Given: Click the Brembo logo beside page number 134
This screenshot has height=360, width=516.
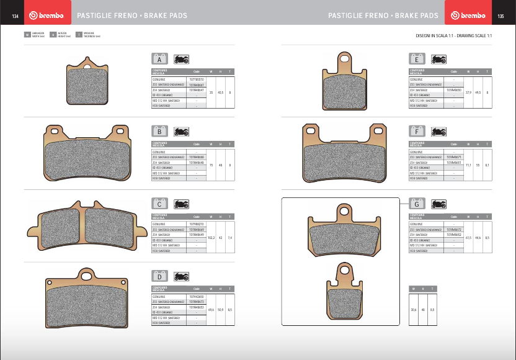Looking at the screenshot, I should (x=47, y=16).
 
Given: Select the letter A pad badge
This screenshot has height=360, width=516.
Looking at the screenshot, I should (x=160, y=60).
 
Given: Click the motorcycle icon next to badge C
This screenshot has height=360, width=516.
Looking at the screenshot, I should (x=182, y=204).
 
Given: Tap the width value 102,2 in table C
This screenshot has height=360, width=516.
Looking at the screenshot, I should (x=211, y=238).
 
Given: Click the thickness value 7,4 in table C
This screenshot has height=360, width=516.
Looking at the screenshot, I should (x=230, y=238).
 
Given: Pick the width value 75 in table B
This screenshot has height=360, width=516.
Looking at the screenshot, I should (x=211, y=165).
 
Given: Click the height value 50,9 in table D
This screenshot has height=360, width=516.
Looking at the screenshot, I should (x=221, y=310).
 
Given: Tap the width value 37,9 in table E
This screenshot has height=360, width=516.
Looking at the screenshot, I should (x=469, y=92).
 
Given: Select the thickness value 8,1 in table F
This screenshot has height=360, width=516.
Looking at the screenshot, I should (x=487, y=165).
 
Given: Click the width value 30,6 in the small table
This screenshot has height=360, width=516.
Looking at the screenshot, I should (x=414, y=310).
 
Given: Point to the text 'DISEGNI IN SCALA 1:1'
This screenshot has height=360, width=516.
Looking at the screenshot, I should (x=436, y=36).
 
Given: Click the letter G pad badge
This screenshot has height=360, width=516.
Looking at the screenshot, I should (x=417, y=204).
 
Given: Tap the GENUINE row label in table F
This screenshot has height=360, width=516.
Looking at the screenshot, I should (x=416, y=152).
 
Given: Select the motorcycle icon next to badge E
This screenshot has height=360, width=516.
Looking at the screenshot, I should (x=438, y=60).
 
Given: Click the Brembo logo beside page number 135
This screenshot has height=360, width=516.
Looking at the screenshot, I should (x=468, y=16).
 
